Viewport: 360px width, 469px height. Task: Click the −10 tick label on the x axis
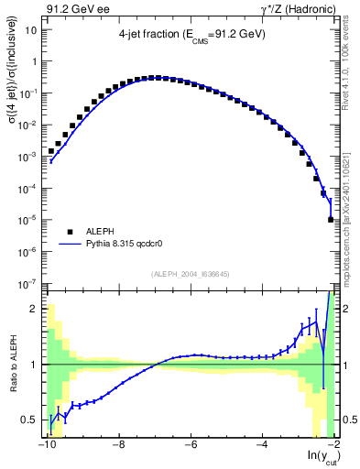(46, 447)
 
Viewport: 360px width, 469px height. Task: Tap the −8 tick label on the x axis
(117, 447)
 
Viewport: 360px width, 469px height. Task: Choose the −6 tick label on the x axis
(189, 447)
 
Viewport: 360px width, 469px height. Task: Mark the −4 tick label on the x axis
(260, 447)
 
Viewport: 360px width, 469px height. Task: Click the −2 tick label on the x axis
(332, 447)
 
